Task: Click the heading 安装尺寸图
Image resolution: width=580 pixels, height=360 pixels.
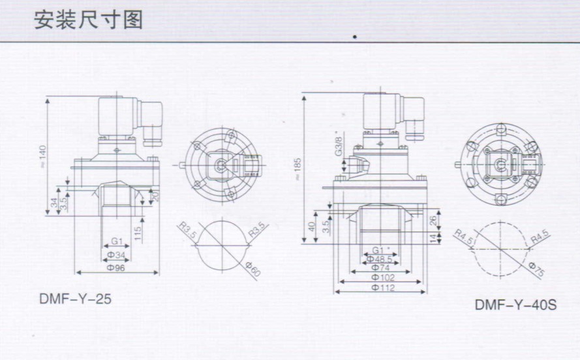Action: click(88, 20)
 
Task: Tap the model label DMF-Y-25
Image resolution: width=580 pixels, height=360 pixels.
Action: click(75, 301)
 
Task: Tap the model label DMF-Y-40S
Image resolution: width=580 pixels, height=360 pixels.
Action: click(515, 305)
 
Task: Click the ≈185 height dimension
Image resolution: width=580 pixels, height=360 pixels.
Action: click(298, 168)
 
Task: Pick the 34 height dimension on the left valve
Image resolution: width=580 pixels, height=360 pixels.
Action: click(54, 203)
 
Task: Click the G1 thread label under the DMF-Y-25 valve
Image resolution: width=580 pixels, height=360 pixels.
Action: click(116, 242)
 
